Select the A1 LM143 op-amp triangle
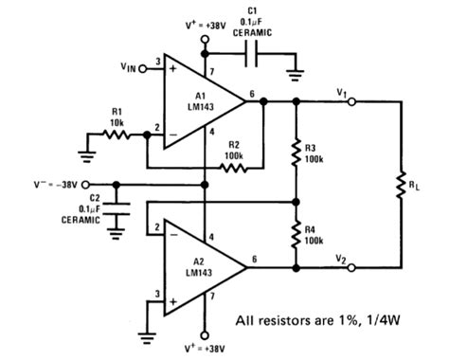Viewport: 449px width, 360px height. (198, 99)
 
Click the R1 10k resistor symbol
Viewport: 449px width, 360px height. (117, 135)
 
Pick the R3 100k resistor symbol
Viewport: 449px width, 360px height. (296, 151)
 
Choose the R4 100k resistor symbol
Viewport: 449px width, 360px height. (296, 234)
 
